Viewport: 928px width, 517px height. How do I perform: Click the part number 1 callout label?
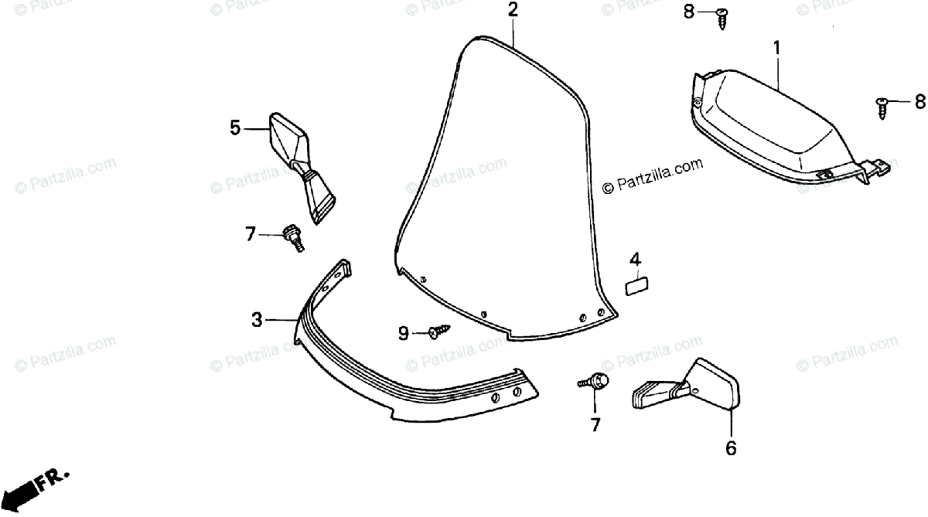tap(776, 48)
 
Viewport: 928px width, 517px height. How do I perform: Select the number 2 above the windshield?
tap(513, 10)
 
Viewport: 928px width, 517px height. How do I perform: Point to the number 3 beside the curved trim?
tap(257, 318)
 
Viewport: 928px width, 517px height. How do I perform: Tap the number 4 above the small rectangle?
tap(634, 259)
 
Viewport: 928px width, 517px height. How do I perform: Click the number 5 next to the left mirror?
tap(236, 128)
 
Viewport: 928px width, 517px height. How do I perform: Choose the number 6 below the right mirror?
tap(731, 447)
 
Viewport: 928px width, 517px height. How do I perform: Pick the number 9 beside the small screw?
tap(403, 333)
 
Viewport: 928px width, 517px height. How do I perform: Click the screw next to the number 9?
tap(436, 332)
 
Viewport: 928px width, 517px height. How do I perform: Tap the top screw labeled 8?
tap(722, 16)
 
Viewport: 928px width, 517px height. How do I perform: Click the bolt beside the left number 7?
tap(293, 236)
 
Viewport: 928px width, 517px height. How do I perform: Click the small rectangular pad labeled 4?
tap(637, 286)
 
